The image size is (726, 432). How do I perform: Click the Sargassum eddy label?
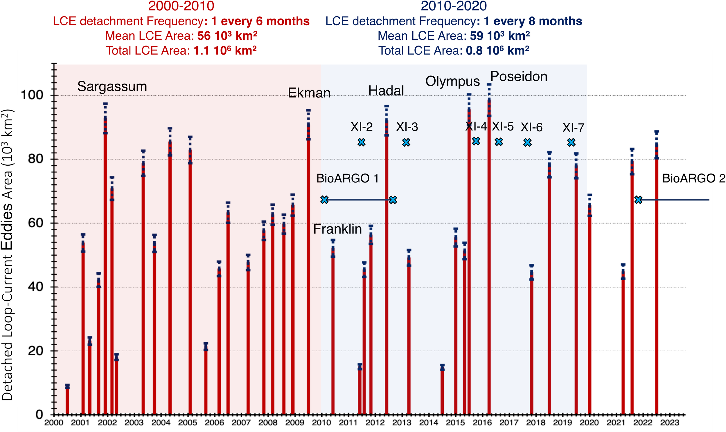(112, 87)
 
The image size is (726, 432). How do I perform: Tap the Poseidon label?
(519, 77)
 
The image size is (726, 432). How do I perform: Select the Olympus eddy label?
(452, 82)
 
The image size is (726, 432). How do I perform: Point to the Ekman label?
(309, 93)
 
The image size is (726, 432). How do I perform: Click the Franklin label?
(337, 229)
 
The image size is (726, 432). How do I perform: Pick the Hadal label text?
(386, 91)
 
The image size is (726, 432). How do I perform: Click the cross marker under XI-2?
(362, 142)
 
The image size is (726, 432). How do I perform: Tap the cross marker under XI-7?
(571, 143)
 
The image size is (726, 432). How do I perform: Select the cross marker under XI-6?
(527, 143)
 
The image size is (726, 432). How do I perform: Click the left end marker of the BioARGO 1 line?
(325, 200)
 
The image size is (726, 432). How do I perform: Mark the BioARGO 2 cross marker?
(638, 200)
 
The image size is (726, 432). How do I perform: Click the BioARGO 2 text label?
(694, 178)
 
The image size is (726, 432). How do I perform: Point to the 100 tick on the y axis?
(31, 95)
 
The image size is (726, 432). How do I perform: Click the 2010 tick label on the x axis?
(321, 423)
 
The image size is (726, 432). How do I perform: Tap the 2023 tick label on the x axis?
(669, 423)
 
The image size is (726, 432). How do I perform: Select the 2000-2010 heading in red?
(181, 6)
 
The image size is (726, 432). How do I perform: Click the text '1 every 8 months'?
(533, 21)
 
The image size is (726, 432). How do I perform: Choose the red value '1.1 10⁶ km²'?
(225, 51)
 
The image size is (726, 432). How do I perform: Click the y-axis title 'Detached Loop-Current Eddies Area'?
(8, 255)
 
